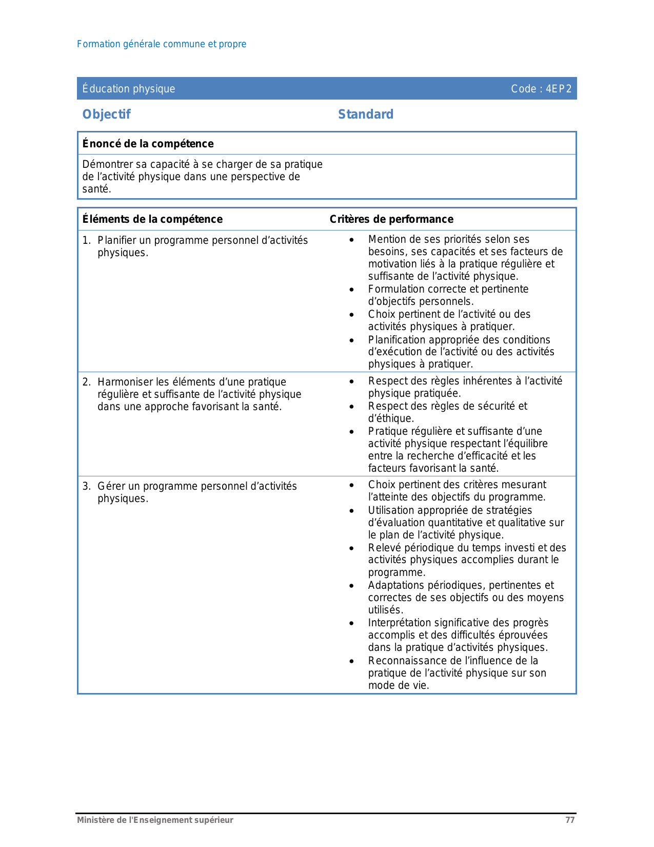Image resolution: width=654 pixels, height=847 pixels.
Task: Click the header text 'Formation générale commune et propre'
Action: [162, 44]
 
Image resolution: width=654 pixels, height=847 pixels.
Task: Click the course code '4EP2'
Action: [558, 89]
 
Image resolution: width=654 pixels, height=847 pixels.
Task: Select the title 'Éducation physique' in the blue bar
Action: [129, 89]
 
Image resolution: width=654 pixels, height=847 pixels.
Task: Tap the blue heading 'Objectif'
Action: [107, 114]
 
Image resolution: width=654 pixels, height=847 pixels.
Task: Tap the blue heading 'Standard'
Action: [366, 114]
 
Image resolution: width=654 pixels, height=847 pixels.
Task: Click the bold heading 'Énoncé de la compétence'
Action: [148, 144]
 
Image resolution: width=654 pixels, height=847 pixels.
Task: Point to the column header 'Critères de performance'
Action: [391, 219]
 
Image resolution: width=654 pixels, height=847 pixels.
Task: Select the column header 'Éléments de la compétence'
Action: [152, 219]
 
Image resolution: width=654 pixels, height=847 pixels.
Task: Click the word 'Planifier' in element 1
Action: [117, 240]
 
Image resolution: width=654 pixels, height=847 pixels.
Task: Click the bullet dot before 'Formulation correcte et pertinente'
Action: [351, 290]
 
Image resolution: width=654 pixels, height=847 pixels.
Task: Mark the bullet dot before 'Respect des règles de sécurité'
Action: [351, 407]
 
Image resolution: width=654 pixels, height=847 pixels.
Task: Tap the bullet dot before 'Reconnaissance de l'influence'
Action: [351, 661]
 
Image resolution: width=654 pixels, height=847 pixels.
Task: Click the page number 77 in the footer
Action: [570, 820]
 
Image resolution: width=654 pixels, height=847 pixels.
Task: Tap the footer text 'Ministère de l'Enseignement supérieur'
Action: [155, 820]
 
